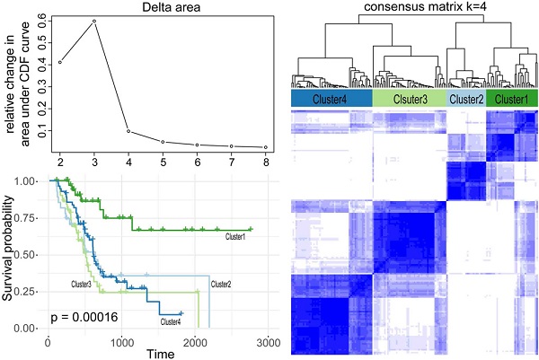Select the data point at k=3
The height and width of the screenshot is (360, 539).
(94, 21)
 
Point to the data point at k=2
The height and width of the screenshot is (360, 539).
(59, 62)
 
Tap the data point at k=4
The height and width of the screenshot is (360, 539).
(128, 131)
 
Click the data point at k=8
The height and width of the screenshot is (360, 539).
(265, 147)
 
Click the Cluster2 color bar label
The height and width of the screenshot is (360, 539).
(465, 99)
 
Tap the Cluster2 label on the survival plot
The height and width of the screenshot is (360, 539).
(221, 285)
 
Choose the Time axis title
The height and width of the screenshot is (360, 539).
(163, 353)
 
